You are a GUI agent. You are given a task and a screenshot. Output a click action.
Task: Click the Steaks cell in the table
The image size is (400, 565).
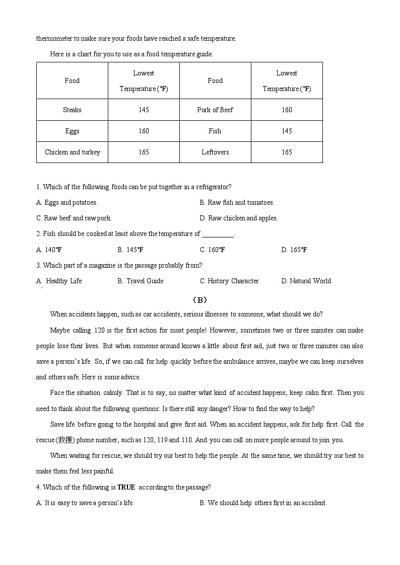tap(72, 110)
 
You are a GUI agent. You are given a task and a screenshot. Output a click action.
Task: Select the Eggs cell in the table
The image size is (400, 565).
tap(72, 131)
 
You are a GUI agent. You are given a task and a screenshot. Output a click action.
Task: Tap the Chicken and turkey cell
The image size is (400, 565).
tap(72, 152)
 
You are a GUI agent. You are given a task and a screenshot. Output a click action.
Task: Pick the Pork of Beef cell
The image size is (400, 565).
tap(215, 110)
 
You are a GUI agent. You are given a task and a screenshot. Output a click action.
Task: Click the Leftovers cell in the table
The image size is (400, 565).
tap(215, 152)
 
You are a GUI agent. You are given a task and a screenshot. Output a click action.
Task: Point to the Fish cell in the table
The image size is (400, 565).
tap(215, 131)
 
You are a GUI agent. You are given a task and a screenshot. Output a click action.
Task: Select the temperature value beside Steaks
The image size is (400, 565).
tap(144, 110)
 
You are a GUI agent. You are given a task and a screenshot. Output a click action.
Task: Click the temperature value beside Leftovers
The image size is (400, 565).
tap(287, 152)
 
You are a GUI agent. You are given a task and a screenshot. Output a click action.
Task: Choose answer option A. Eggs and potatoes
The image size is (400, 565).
tap(67, 202)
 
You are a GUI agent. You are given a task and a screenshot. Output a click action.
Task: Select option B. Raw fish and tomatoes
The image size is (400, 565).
tap(237, 202)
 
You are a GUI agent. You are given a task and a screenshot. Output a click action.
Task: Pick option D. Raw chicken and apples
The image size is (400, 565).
tap(239, 218)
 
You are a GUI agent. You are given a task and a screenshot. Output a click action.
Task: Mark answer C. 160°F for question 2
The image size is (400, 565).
tap(212, 250)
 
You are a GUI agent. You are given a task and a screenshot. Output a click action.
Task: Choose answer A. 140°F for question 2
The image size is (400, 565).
tap(49, 250)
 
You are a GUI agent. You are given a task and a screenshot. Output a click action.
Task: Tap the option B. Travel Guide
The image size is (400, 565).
tap(141, 281)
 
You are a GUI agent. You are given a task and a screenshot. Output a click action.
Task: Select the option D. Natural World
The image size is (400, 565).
tap(306, 281)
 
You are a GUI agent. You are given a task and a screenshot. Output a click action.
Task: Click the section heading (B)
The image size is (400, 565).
tap(200, 300)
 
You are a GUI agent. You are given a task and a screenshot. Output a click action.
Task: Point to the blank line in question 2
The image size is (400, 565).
tap(218, 234)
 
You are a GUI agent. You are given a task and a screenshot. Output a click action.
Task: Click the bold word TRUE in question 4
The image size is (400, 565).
tap(126, 487)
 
